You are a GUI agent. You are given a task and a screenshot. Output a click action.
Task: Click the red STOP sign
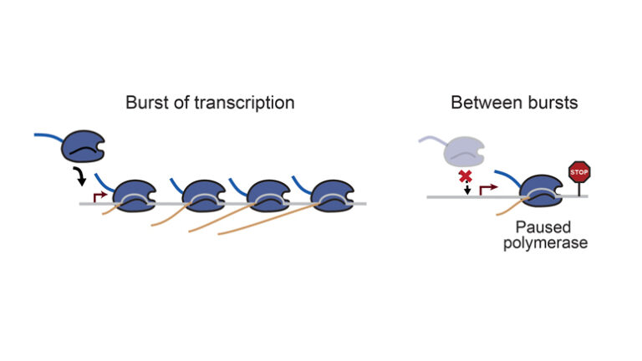click(578, 172)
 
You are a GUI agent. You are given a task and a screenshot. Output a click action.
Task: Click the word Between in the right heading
click(478, 103)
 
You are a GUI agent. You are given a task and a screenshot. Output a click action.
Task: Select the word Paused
click(538, 226)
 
